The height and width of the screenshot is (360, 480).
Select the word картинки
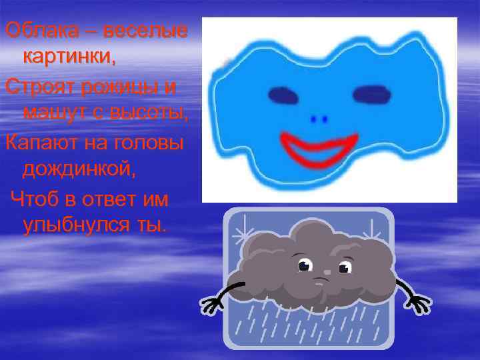[x=69, y=57]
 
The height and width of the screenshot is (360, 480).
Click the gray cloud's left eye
[x=305, y=265]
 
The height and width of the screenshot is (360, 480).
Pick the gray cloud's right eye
[x=344, y=267]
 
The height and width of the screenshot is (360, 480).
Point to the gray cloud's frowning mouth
[x=323, y=280]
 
